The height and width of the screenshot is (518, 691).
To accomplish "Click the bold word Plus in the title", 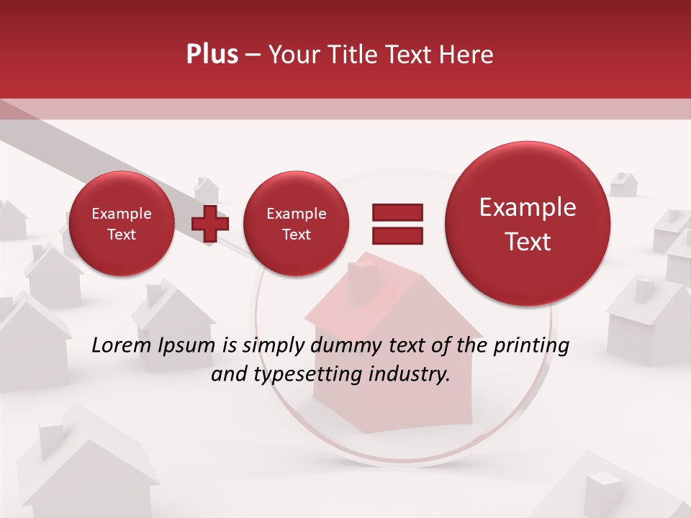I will [x=212, y=55].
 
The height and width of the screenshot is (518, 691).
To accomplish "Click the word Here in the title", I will [x=467, y=55].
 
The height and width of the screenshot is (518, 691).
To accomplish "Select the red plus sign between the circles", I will [x=210, y=224].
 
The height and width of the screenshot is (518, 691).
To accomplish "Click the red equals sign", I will [x=397, y=224].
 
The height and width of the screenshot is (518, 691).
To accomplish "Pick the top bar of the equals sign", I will [x=397, y=212].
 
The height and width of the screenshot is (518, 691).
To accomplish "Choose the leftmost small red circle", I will [x=121, y=224].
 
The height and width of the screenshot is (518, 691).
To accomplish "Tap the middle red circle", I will [x=296, y=224].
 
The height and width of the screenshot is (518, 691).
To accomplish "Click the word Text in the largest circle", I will [x=528, y=242].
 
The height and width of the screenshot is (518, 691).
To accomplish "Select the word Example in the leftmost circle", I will [x=121, y=214].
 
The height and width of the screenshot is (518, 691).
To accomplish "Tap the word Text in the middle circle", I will [x=296, y=235].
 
